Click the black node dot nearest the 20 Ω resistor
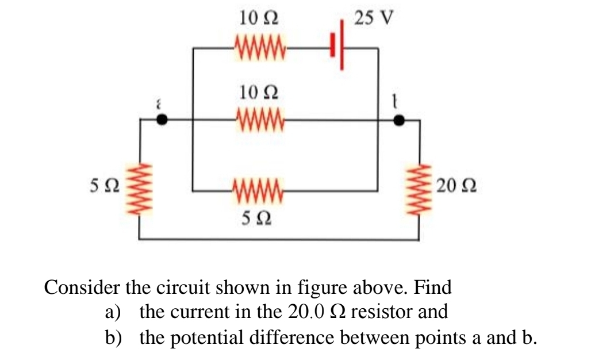(x=399, y=120)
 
